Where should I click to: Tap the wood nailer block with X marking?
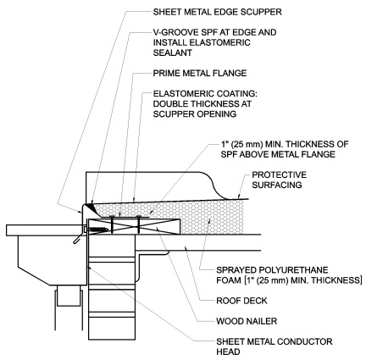139,226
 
